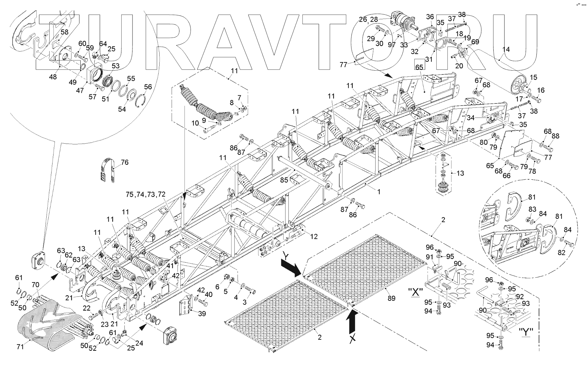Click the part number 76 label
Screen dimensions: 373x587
(125, 162)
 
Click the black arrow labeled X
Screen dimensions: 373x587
(352, 323)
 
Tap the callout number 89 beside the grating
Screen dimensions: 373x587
(391, 298)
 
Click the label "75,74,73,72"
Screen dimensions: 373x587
(146, 194)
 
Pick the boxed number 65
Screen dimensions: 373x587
(419, 66)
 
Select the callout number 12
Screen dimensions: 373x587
(314, 236)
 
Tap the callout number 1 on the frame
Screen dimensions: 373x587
(379, 192)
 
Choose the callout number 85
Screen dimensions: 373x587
(284, 180)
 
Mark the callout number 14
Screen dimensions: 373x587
(506, 50)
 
